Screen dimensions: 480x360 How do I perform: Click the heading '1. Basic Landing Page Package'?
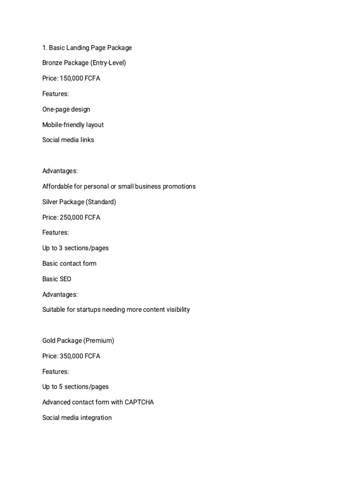tap(87, 47)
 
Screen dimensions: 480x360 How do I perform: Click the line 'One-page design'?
tap(66, 109)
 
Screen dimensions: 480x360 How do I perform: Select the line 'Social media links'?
tap(68, 140)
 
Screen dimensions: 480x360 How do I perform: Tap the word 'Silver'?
tap(51, 202)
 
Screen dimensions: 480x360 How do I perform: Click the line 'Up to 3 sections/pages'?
tap(75, 247)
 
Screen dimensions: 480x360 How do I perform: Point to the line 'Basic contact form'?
tap(69, 263)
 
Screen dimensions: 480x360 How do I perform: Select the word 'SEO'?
tap(65, 279)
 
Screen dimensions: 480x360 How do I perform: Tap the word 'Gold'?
tap(49, 340)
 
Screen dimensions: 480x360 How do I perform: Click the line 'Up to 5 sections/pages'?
tap(75, 387)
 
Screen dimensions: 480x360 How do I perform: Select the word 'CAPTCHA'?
tap(139, 402)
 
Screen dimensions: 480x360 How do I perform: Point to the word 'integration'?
tap(96, 417)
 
